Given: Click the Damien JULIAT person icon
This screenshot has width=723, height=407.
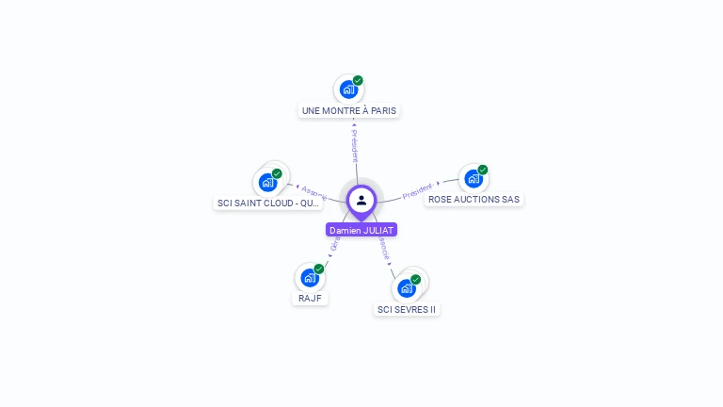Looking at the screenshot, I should point(361,200).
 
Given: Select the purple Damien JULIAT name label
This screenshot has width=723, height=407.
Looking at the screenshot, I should point(361,230).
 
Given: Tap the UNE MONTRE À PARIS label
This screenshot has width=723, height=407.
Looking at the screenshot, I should point(349,111).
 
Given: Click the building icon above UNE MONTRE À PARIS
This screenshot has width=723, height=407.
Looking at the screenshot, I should point(348,90).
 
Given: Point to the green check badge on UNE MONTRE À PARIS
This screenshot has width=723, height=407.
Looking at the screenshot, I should point(358,81).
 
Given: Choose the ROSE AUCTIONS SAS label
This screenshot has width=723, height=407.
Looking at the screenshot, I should point(474,200).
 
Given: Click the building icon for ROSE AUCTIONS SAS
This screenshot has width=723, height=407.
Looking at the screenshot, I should point(473,179).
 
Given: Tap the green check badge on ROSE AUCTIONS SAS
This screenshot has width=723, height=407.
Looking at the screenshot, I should point(483,171).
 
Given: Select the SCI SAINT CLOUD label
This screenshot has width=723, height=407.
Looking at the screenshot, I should point(268,203).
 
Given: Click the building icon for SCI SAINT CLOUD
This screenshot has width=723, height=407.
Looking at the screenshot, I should point(267,183).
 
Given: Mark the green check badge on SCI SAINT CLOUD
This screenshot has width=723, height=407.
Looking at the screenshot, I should point(277,173).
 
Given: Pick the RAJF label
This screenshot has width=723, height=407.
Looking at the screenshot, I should point(310,299).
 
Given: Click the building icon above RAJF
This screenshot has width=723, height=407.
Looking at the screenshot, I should point(310,278).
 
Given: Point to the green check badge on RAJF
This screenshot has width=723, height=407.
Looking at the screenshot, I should point(319,269).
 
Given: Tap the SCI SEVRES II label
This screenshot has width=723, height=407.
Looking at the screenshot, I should point(407,309).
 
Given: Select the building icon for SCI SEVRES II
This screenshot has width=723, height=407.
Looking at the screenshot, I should point(406,288).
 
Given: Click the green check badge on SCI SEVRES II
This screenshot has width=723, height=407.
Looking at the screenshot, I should point(415,280).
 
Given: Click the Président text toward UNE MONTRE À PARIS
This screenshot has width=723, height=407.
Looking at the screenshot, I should point(354,146).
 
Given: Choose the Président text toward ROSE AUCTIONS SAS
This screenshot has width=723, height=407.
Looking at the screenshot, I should point(417,191).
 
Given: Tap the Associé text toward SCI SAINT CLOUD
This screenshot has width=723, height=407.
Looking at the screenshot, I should point(313,192).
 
